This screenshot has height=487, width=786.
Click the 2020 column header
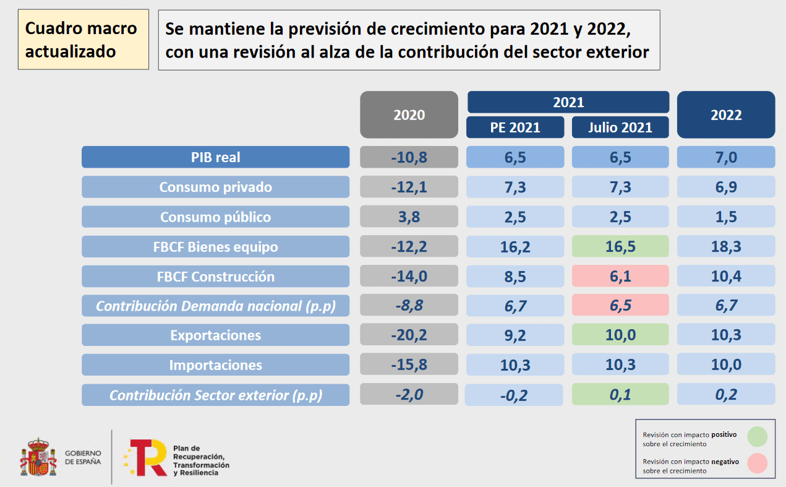[409, 115]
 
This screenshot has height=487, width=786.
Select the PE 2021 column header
[515, 127]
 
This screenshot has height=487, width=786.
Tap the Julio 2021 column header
[620, 127]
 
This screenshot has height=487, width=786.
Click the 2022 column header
[726, 115]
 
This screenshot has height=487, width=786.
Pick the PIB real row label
[215, 157]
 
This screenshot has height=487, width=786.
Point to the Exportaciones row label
[215, 335]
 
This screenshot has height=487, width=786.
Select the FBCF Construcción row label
[215, 277]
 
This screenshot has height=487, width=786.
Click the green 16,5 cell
[620, 247]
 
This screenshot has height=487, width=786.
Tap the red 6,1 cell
[620, 277]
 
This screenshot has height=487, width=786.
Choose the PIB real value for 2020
[409, 157]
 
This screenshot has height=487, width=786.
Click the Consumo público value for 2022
[726, 217]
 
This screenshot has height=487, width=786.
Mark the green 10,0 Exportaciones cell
[620, 335]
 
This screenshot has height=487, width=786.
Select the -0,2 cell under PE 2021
[515, 395]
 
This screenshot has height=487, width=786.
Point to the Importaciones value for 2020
[409, 365]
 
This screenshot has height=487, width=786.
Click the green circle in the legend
[757, 436]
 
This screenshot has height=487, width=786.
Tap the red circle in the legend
[757, 463]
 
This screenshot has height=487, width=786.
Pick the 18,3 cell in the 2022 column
[726, 247]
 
